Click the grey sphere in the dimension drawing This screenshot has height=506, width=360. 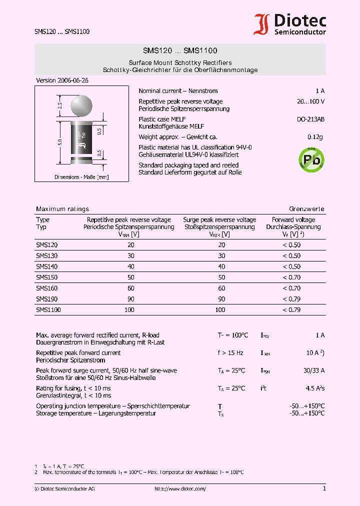click(82, 105)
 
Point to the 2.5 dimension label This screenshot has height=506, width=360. click(59, 106)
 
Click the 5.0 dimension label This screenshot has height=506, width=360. click(59, 142)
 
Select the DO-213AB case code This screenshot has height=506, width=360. click(311, 119)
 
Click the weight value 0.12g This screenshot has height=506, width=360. click(315, 137)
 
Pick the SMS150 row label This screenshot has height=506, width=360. click(47, 277)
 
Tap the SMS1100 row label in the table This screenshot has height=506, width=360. click(48, 310)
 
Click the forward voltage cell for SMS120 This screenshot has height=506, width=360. click(291, 245)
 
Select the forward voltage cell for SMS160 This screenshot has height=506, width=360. click(291, 288)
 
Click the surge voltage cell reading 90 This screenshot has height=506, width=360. click(221, 299)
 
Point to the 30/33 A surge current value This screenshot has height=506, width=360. click(314, 370)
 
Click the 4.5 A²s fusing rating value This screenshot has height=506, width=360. click(315, 388)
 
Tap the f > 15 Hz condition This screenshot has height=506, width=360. click(230, 353)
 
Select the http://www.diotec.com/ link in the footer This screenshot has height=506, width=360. click(180, 488)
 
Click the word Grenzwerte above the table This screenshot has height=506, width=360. click(306, 209)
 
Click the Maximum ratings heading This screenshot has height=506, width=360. click(62, 209)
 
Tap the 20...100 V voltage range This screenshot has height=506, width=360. click(310, 101)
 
